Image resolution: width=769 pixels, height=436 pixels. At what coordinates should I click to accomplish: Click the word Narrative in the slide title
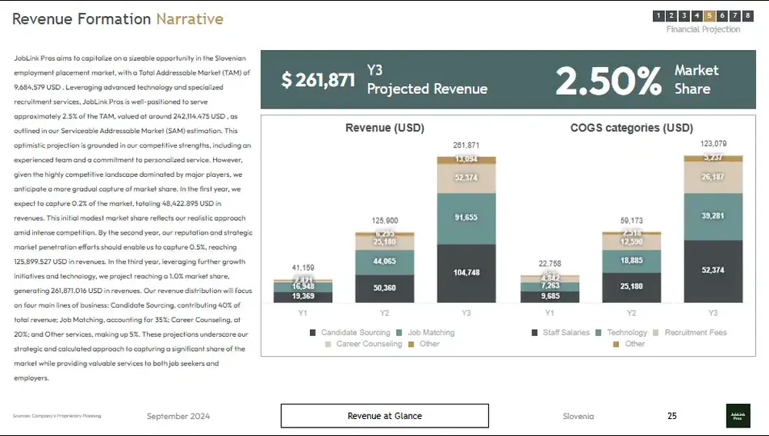click(190, 19)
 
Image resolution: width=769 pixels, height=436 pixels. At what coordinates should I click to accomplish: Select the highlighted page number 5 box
click(710, 15)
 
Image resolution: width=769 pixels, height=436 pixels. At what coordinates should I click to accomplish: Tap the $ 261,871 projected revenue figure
click(318, 80)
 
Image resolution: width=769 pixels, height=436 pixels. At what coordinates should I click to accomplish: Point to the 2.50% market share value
click(608, 80)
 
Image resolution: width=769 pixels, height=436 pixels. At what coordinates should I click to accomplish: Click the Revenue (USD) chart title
click(384, 128)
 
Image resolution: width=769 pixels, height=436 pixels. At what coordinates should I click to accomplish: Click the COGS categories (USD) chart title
click(631, 128)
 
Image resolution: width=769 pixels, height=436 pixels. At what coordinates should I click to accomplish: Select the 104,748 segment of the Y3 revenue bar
click(466, 273)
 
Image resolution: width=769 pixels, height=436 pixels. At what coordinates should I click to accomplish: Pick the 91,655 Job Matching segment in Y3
click(466, 218)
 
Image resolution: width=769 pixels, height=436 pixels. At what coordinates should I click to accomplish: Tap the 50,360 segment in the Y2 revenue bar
click(384, 288)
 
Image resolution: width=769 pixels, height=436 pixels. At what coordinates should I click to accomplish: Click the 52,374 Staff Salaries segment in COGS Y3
click(713, 271)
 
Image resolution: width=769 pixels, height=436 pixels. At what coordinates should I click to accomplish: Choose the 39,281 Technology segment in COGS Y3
click(713, 216)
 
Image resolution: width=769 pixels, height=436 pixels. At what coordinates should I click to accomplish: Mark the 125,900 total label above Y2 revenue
click(384, 221)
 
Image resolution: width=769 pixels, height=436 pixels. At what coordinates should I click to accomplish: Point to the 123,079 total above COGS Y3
click(713, 144)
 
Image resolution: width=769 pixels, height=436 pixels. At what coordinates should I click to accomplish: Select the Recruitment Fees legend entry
click(695, 332)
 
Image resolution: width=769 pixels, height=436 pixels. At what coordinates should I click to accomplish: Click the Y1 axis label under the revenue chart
click(303, 313)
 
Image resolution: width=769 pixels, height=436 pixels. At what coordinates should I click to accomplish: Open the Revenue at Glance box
click(384, 416)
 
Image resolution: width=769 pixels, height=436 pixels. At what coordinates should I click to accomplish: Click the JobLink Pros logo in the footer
click(737, 416)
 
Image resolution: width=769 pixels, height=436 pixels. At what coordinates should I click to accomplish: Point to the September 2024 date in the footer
click(178, 416)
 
